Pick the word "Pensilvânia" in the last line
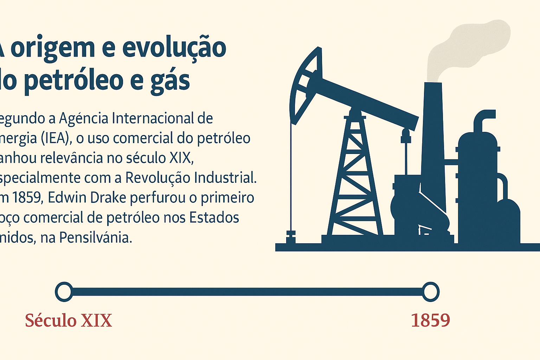(x=95, y=238)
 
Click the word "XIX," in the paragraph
(x=182, y=158)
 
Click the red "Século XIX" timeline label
(x=68, y=321)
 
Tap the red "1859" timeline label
(x=430, y=321)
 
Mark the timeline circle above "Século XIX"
(x=64, y=292)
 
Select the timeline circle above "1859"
(x=430, y=292)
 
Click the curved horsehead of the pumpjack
(x=304, y=84)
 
